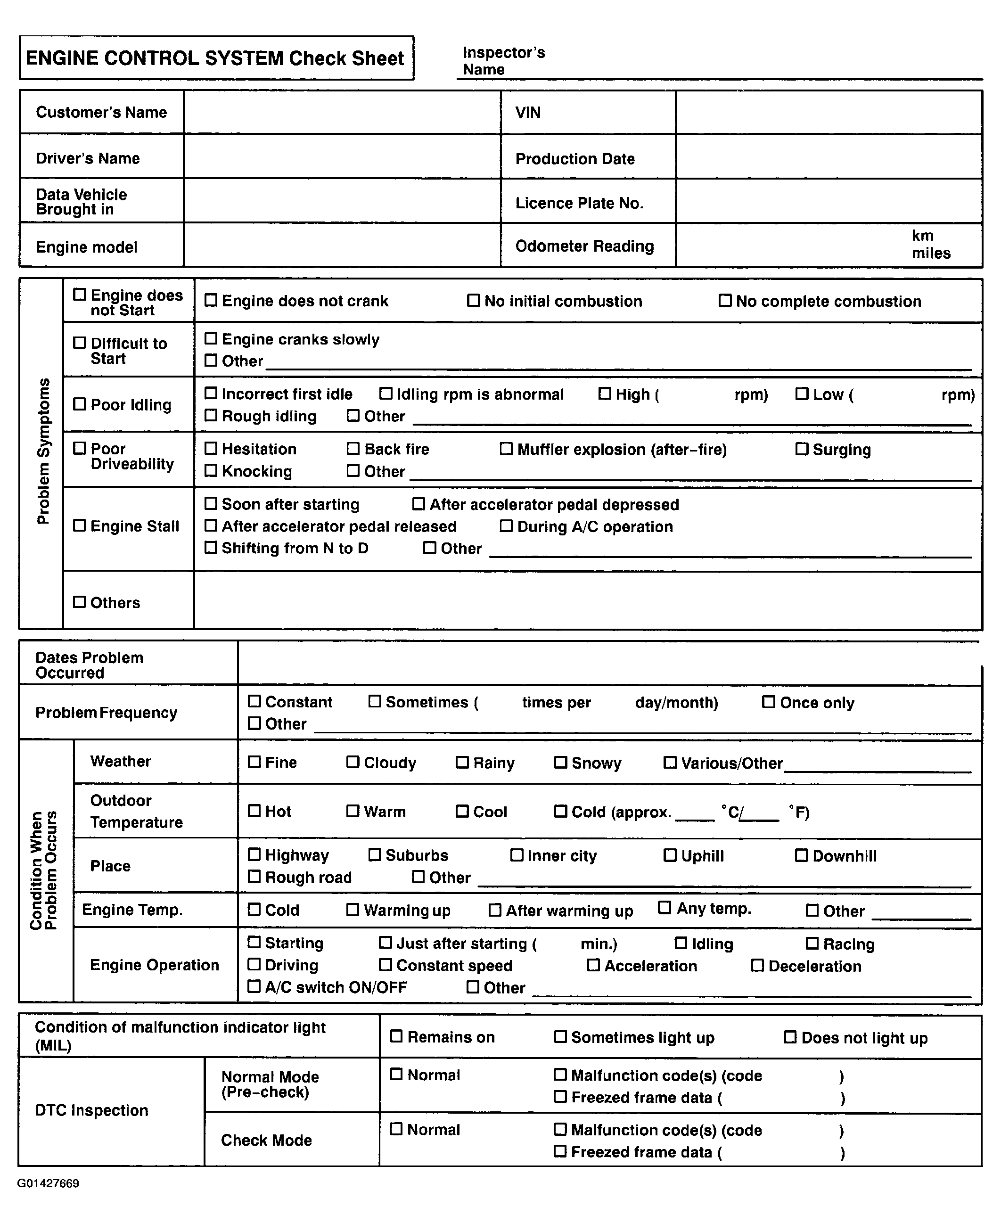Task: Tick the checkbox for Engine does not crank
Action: pos(211,300)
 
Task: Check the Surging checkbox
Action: pos(802,449)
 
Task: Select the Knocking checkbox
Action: pos(211,470)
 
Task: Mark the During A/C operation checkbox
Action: pos(506,526)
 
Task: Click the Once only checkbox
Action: pos(769,702)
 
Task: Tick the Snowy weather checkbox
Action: pos(560,762)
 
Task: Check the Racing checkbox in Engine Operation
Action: pos(812,944)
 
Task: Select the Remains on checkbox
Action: pos(396,1036)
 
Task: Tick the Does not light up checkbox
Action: pos(790,1037)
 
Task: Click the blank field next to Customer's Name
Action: pos(342,113)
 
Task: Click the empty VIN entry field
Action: pos(829,113)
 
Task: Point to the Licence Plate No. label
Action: pos(579,203)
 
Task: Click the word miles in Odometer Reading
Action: pos(931,253)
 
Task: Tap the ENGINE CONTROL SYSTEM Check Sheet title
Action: pos(216,58)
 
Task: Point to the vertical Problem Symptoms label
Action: pos(43,451)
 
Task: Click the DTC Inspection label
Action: pos(92,1110)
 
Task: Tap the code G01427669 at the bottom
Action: pos(49,1183)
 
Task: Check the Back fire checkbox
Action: pos(353,449)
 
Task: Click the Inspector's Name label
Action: pos(503,60)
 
